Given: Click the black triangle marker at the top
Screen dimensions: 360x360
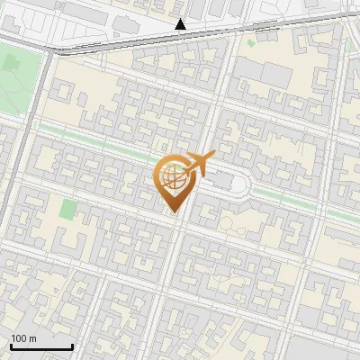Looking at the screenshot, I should pos(181,24).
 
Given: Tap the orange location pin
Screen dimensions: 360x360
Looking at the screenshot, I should pos(174,180).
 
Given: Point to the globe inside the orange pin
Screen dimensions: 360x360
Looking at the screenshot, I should pos(174,177).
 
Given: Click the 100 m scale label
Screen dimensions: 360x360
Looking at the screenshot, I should pos(23,338).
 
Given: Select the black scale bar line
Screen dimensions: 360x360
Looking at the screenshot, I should pos(41,346).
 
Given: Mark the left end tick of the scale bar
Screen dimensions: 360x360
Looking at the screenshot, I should pos(11,346).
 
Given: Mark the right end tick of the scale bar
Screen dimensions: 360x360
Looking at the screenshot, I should pos(72,346).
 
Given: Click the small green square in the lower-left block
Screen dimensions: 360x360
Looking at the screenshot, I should pos(68,210).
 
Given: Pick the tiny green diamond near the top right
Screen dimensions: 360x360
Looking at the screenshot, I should pos(348,44).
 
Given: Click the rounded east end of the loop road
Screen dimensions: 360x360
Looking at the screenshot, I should pos(251,184).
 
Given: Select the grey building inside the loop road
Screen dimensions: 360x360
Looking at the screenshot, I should pos(222,183).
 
